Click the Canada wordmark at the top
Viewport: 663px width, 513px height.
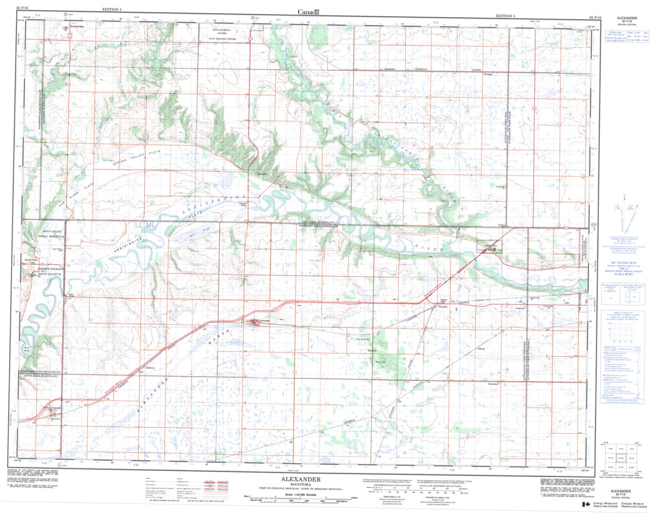point(308,12)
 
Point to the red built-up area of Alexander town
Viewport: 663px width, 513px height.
point(254,321)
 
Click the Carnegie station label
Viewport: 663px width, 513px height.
point(489,73)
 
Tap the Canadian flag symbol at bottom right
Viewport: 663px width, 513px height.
point(585,505)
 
